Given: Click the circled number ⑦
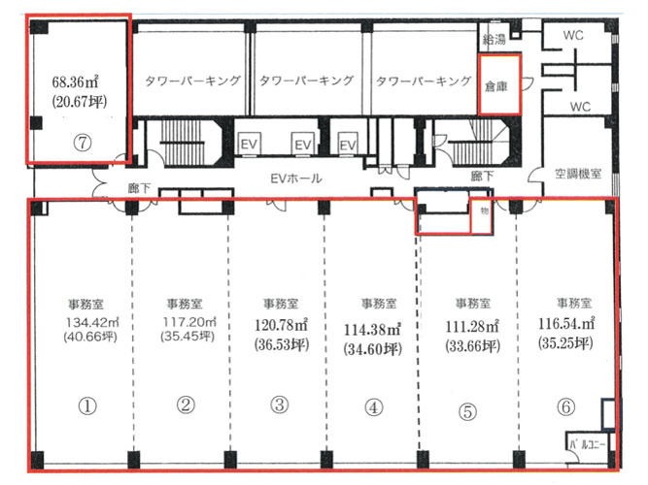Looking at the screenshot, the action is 83,143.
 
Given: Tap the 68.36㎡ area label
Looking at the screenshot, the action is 75,81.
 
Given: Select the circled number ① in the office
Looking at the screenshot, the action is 87,406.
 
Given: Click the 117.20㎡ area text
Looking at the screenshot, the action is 189,321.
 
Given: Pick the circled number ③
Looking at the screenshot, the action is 280,404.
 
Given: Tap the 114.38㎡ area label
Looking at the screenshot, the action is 372,330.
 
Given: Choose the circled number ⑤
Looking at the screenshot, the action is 468,411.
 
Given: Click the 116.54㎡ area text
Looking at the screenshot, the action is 566,323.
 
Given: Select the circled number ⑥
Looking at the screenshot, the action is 565,407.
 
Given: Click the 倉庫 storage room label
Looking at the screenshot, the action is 495,86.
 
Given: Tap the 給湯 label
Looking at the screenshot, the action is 494,39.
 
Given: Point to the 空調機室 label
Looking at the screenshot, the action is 578,174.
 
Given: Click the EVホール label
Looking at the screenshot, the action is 296,178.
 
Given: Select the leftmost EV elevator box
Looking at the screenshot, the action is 250,145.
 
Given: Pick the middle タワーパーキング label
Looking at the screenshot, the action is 306,81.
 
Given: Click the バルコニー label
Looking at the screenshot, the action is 587,444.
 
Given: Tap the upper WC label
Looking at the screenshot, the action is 573,36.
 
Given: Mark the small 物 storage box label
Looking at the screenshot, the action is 485,210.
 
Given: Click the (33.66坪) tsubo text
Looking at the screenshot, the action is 472,346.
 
